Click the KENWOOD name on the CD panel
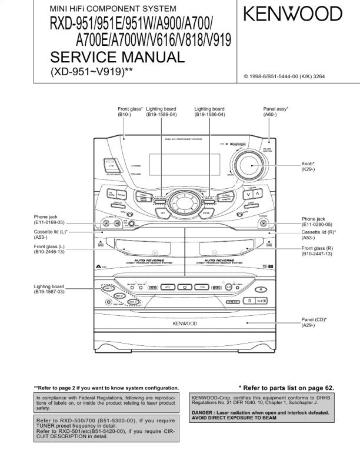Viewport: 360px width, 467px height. tap(185, 323)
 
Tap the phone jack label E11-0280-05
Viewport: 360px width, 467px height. tap(318, 224)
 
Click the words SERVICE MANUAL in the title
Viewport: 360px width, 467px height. tap(118, 57)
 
